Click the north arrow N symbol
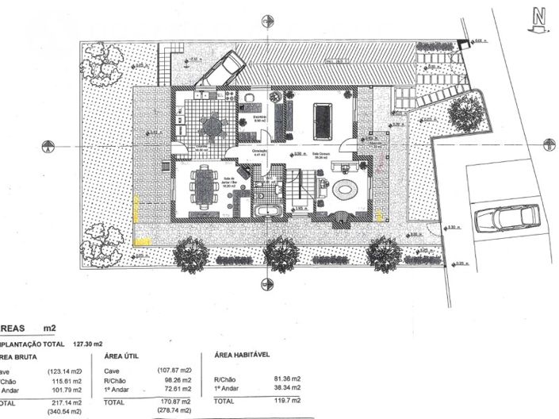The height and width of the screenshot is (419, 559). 539,17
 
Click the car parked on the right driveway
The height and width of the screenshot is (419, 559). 505,217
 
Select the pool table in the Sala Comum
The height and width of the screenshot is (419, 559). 324,120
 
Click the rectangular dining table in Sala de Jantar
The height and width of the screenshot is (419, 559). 205,187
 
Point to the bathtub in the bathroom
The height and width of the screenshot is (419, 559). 266,210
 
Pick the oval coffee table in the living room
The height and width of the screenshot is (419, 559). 346,190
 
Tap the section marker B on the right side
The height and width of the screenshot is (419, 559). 549,144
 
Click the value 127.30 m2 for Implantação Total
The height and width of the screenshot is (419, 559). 89,344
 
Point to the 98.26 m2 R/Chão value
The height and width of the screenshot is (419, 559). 177,380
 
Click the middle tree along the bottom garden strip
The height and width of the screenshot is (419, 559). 281,254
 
